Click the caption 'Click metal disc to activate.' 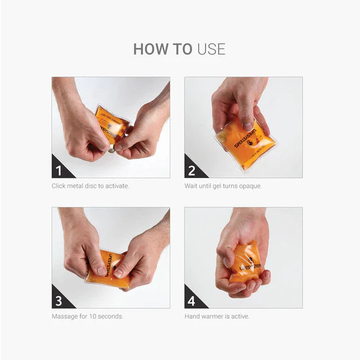point(90,186)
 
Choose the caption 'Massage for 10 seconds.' point(87,316)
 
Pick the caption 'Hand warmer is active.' point(217,316)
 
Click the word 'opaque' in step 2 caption point(251,186)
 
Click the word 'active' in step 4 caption point(240,316)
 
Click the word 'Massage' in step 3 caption point(63,316)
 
